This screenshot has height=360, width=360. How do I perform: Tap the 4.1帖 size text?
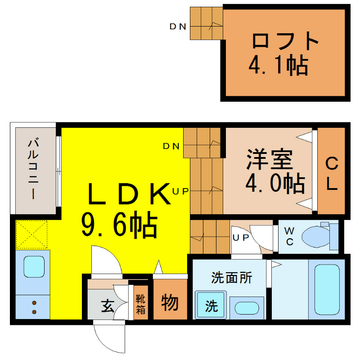(x=279, y=65)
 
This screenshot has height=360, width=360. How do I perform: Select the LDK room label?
(x=129, y=193)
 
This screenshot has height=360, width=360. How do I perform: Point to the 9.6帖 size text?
(x=119, y=225)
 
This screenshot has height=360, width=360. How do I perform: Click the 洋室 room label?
(x=270, y=159)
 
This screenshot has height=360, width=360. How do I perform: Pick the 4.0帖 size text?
(x=275, y=183)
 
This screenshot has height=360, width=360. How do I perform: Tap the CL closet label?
(x=332, y=173)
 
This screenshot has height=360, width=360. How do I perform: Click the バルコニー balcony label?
(x=33, y=168)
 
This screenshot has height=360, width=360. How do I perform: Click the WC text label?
(x=289, y=237)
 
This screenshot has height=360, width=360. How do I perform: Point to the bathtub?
(x=327, y=289)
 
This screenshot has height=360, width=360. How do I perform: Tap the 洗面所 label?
(x=232, y=278)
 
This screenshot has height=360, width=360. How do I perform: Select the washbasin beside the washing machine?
(x=247, y=308)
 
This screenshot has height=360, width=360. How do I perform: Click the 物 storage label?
(x=170, y=302)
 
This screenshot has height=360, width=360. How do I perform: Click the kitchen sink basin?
(x=34, y=266)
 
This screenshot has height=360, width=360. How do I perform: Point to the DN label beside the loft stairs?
(x=178, y=27)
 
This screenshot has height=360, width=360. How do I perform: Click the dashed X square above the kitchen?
(x=31, y=234)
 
